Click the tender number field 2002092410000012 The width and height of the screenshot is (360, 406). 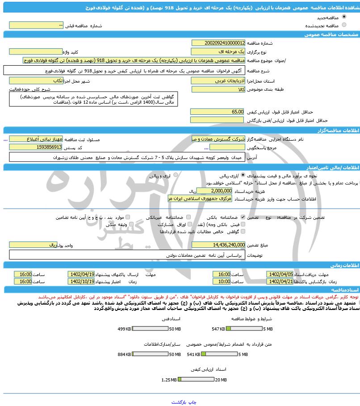point(218,43)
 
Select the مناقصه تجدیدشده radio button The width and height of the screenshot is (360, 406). point(344,25)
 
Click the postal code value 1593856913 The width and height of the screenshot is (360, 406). point(36,147)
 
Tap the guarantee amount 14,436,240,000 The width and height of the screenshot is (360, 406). point(218,245)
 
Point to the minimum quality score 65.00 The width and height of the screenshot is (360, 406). point(218,112)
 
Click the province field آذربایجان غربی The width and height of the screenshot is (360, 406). point(218,81)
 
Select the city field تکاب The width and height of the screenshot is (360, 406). point(36,81)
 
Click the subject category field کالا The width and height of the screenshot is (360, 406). point(218,89)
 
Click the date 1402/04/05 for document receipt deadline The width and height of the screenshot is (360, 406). point(280,274)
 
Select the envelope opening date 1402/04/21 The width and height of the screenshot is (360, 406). point(280,282)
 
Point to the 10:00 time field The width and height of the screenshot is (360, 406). point(222,282)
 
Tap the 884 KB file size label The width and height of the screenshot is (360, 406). point(124,354)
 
